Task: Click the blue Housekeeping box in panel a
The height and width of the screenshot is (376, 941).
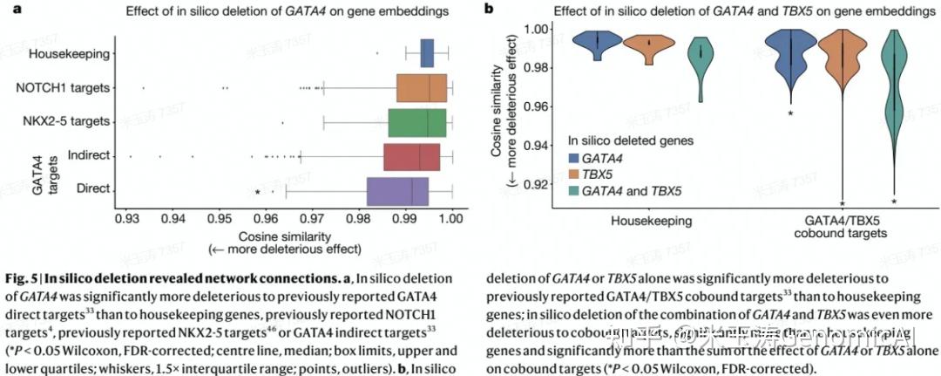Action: [427, 53]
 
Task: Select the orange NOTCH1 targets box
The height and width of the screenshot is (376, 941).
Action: [423, 87]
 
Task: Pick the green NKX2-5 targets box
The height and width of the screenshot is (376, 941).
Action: [417, 121]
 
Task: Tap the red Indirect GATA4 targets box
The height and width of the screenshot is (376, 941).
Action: [411, 155]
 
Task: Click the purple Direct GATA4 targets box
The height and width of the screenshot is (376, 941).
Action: [397, 190]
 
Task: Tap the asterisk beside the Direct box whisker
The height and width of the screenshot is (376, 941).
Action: [257, 193]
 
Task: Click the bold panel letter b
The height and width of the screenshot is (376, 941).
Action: [489, 10]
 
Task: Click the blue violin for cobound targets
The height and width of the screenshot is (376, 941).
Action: [789, 61]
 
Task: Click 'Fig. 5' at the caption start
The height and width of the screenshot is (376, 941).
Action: [24, 279]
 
